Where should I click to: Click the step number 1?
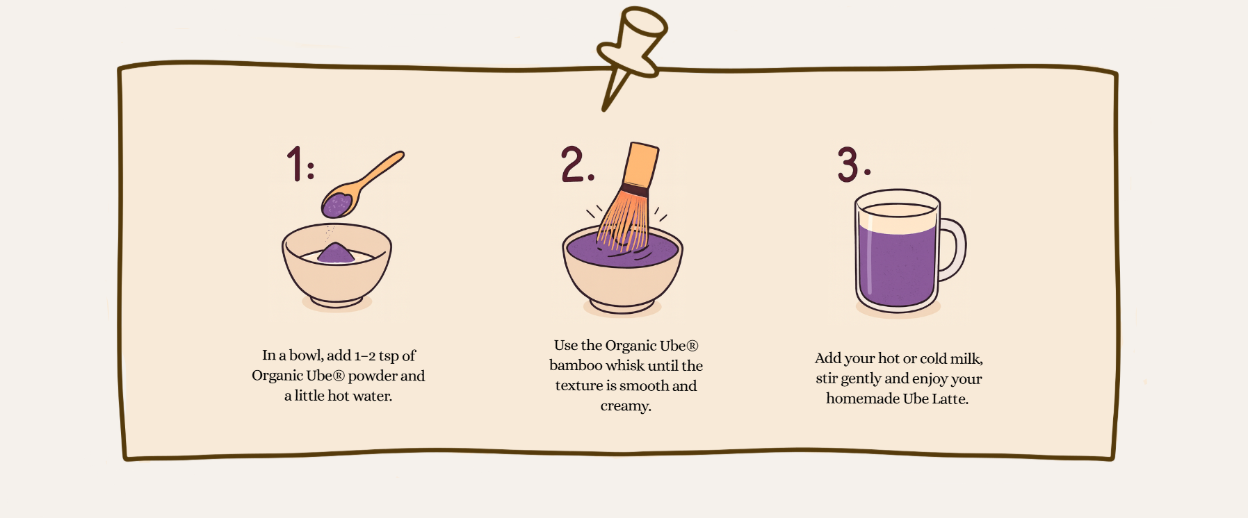pos(295,164)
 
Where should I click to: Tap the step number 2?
pos(574,165)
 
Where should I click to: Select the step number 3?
pos(849,165)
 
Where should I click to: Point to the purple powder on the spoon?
pos(337,205)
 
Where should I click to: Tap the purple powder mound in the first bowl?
pos(336,253)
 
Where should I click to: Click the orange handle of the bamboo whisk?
pos(640,165)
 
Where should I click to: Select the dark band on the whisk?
pos(634,190)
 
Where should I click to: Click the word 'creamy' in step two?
pos(625,406)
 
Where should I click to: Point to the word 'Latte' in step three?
pos(949,399)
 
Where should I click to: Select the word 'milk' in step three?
pos(966,359)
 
